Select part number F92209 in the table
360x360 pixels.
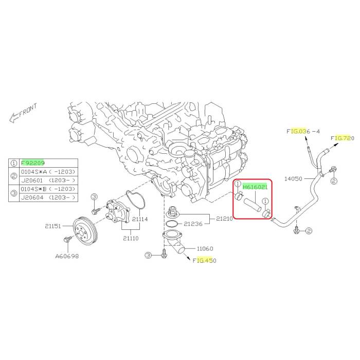point(32,163)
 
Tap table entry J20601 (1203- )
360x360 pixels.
point(48,181)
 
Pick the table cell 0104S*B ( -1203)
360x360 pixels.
point(48,189)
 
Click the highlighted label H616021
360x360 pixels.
point(255,187)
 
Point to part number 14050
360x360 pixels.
point(293,178)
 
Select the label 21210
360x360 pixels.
point(224,219)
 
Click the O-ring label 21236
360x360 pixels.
point(193,224)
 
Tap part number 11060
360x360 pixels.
point(205,248)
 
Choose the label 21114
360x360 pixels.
point(140,219)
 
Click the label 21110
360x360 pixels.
point(131,238)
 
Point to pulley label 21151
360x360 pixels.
point(53,226)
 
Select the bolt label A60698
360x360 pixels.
point(67,256)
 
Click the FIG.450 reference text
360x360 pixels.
point(205,261)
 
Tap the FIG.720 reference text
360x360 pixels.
point(343,138)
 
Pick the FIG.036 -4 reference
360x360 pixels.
point(303,131)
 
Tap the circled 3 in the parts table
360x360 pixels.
point(14,193)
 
